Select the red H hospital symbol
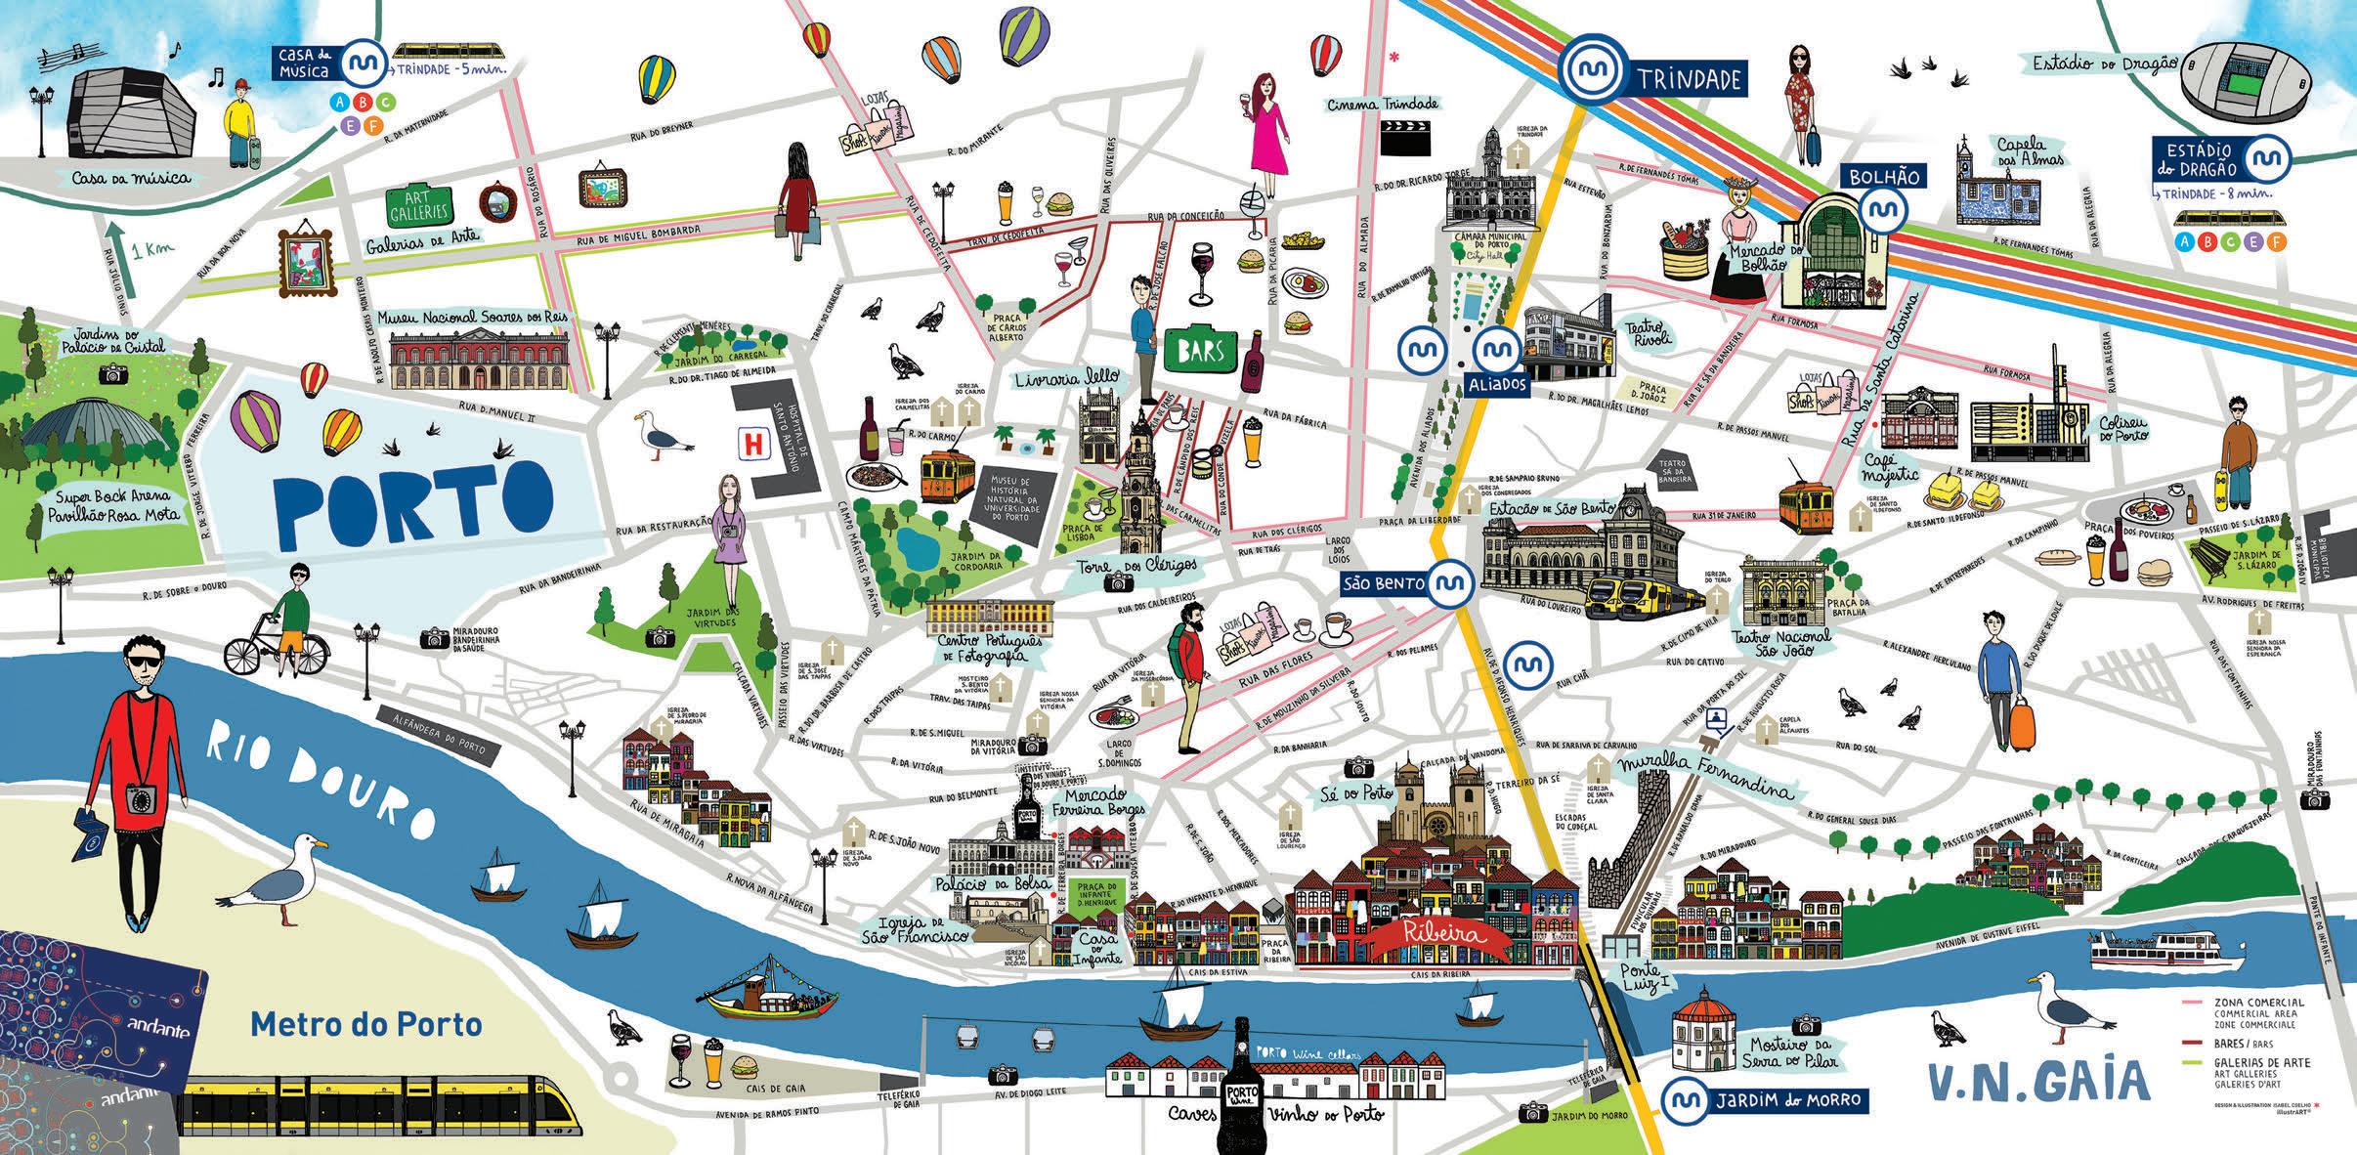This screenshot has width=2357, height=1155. click(x=752, y=443)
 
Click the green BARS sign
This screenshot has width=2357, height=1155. click(x=1201, y=350)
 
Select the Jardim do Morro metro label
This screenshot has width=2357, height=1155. click(x=1786, y=1100)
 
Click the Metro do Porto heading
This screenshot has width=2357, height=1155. click(x=366, y=1024)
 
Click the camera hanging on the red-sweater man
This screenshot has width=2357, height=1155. click(x=139, y=799)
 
